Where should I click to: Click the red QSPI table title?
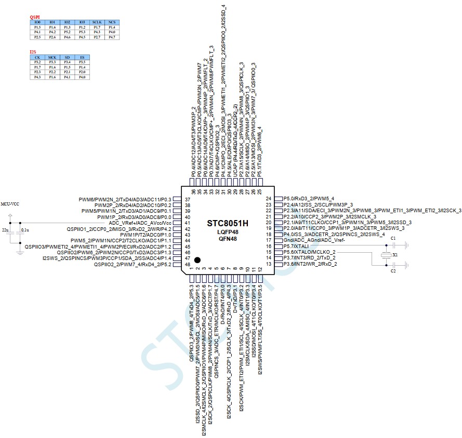tap(35, 17)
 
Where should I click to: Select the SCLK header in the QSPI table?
tap(97, 23)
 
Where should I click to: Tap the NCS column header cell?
tap(112, 23)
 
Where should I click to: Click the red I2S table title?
tap(33, 52)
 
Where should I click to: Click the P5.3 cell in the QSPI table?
tap(82, 32)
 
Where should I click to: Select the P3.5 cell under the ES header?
tap(82, 62)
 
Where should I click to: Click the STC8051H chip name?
tap(228, 223)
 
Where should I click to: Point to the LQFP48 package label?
tap(227, 232)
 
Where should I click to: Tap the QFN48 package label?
tap(227, 239)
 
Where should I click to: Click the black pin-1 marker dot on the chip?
tap(197, 259)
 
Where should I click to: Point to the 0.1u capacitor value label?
tap(25, 229)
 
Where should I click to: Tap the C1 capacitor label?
tap(393, 238)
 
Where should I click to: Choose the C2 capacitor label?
tap(393, 271)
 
